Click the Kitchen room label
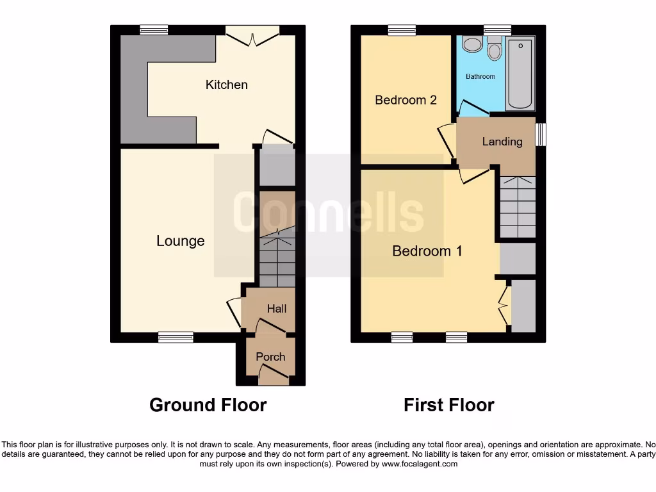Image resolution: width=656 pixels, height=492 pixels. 226,85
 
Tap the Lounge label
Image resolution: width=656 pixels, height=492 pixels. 181,241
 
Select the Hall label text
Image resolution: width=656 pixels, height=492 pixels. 277,309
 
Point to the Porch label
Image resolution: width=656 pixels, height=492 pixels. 270,357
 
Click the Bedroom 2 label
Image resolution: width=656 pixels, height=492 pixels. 406,100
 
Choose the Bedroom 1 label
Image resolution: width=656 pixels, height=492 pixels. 427,251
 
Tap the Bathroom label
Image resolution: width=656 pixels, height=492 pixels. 480,76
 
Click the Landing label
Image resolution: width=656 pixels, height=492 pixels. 502,142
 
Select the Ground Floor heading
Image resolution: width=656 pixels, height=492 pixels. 208,405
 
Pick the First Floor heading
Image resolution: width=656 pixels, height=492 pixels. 448,405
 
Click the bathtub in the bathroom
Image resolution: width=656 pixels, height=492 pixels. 520,74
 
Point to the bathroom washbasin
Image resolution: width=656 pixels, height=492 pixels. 473,44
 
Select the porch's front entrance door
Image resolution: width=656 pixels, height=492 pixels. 274,378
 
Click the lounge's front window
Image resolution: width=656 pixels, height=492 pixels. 176,337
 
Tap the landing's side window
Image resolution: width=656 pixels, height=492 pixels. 541,135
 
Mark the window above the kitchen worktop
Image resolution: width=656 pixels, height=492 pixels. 154,29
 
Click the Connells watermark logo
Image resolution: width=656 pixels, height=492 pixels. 328,211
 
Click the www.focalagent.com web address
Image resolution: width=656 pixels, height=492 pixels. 419,464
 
